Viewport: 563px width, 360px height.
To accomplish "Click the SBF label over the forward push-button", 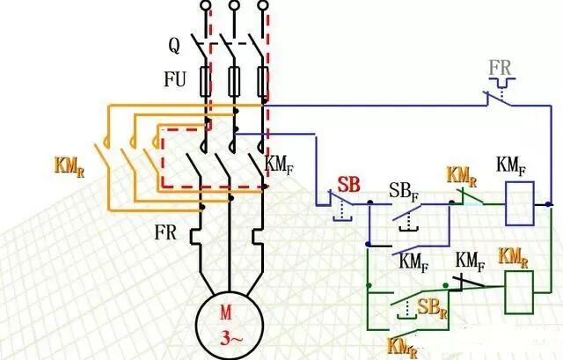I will pyautogui.click(x=404, y=191).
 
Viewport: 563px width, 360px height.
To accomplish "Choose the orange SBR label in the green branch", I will pyautogui.click(x=430, y=308).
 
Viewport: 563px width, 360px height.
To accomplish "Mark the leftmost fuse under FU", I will pyautogui.click(x=207, y=81).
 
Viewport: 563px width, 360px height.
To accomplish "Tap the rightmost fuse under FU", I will pyautogui.click(x=262, y=81).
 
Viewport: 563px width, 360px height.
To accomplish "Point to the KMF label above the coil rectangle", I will pyautogui.click(x=512, y=165).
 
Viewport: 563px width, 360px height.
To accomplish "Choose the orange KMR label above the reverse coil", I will pyautogui.click(x=514, y=257).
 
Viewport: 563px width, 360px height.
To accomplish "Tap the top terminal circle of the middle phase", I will pyautogui.click(x=235, y=7).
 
